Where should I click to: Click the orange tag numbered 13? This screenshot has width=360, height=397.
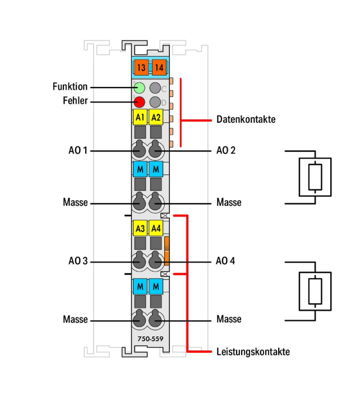tap(141, 67)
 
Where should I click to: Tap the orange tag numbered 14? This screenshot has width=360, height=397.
tap(159, 67)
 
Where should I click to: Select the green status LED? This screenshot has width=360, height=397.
tap(139, 88)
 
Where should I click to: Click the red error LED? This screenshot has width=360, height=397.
tap(139, 102)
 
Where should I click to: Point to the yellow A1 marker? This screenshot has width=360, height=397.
tap(140, 117)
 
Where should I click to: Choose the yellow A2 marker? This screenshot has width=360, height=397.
tap(156, 117)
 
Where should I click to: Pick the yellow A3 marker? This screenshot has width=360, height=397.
tap(140, 228)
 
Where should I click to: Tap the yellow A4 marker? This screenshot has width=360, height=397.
tap(156, 228)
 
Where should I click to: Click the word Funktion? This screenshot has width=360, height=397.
tap(70, 86)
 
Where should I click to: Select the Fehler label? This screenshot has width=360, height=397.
tap(75, 101)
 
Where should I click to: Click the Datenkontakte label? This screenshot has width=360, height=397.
tap(246, 119)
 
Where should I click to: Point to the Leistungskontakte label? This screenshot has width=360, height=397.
tap(253, 352)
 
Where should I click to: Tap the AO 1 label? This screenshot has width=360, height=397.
tap(78, 150)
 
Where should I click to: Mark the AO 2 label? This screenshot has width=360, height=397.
tap(226, 150)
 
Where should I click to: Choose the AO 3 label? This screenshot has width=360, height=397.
tap(78, 261)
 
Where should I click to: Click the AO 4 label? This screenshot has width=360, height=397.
tap(225, 261)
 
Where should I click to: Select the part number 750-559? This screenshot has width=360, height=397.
tap(150, 339)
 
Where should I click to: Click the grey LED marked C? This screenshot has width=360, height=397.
tap(155, 88)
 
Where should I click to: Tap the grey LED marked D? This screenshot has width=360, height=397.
tap(155, 102)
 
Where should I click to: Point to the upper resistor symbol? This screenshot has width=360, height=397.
tap(315, 177)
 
